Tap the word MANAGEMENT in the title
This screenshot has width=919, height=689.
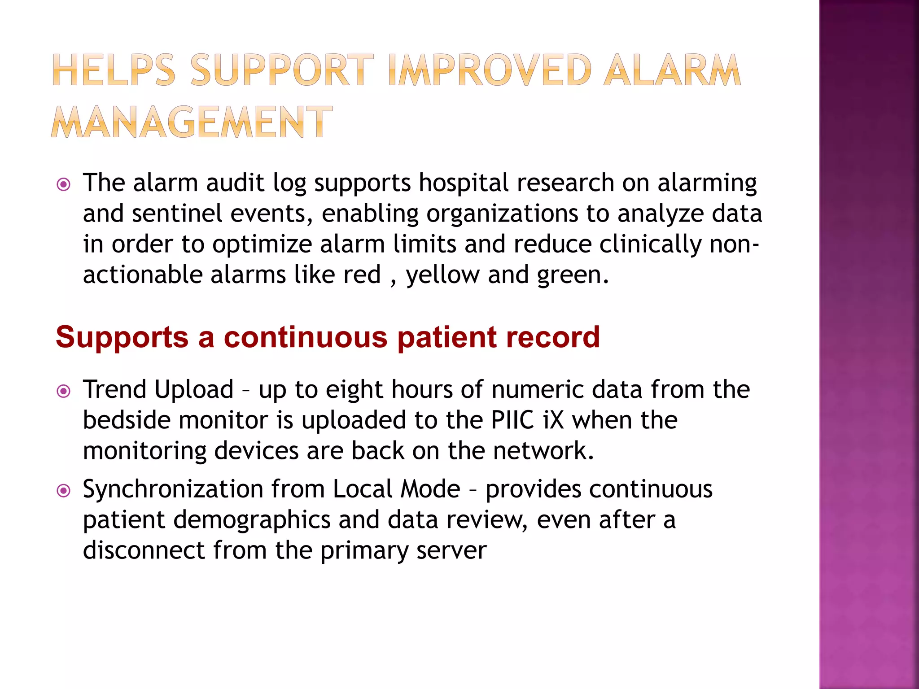pyautogui.click(x=192, y=122)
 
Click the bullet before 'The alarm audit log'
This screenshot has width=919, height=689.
pyautogui.click(x=64, y=184)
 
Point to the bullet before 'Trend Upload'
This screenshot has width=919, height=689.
pyautogui.click(x=64, y=391)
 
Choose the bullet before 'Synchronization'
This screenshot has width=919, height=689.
pyautogui.click(x=64, y=491)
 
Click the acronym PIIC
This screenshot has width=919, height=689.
pyautogui.click(x=512, y=420)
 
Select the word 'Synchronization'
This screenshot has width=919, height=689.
pyautogui.click(x=173, y=489)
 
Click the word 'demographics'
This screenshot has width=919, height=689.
pyautogui.click(x=252, y=520)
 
